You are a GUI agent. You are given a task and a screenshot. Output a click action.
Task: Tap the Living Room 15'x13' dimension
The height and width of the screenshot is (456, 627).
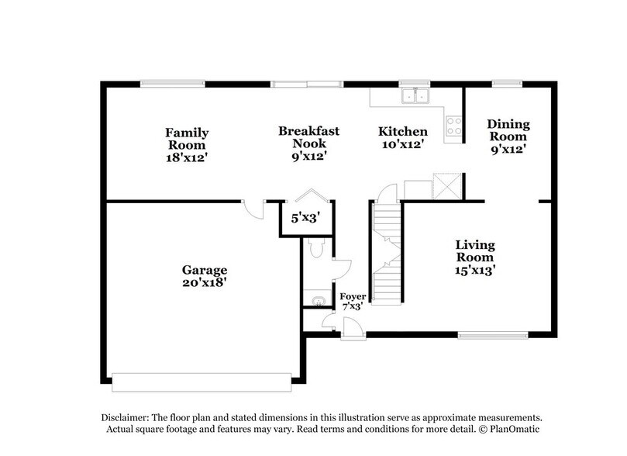point(475,271)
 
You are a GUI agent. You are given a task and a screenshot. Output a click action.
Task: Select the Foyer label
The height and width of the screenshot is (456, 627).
point(353,295)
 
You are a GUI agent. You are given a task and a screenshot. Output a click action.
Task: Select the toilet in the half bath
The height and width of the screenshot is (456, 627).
point(315,247)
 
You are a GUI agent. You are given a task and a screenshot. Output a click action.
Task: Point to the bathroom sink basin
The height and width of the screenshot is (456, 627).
point(315,299)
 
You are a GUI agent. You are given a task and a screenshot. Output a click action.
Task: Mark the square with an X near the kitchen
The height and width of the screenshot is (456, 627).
point(447,184)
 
